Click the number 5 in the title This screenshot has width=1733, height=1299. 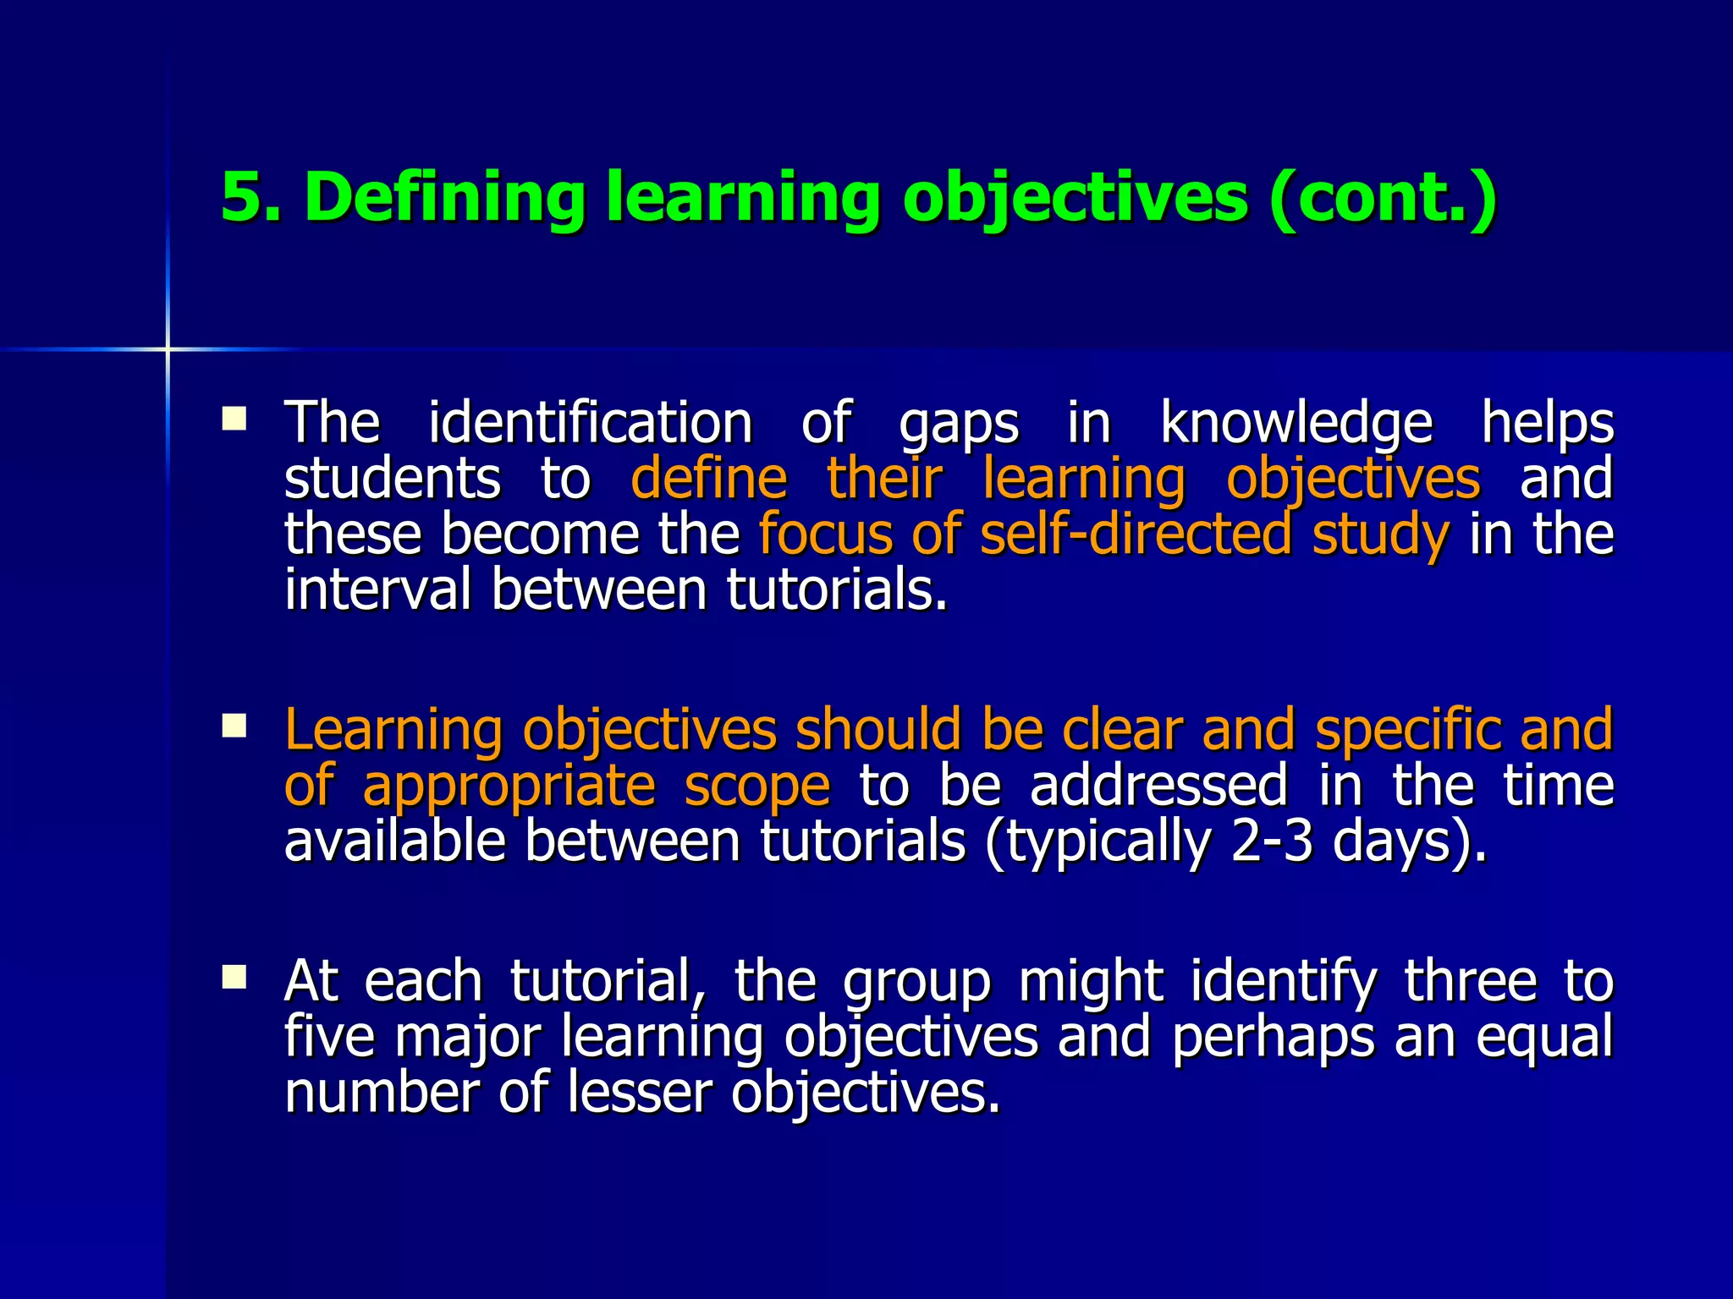(240, 197)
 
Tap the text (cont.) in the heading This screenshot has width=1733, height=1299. (1384, 197)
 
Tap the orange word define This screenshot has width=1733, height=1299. (709, 478)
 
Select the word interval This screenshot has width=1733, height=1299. (377, 589)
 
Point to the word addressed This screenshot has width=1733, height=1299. (1158, 785)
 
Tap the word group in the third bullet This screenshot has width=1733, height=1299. (916, 983)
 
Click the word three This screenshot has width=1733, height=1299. (1470, 981)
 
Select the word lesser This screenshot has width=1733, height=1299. (640, 1092)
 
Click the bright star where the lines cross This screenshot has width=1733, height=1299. (168, 348)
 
